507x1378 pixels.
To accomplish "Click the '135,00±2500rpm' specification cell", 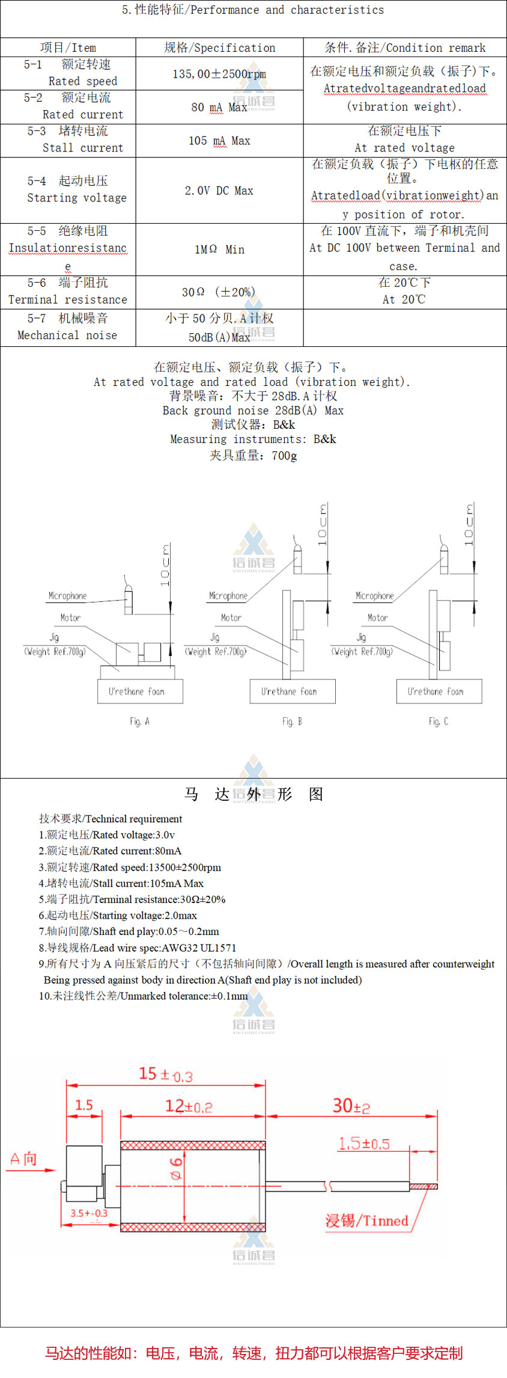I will [219, 74].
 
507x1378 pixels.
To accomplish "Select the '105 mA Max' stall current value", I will [219, 141].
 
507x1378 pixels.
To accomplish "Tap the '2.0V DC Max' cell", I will [219, 191].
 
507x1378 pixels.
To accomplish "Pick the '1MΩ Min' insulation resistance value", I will [219, 250].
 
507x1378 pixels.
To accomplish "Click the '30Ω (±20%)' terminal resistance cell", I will [219, 292].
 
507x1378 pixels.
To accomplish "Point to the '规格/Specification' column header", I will [219, 47].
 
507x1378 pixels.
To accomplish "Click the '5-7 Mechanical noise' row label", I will [67, 327].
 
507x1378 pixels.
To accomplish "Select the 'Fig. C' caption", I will [438, 721].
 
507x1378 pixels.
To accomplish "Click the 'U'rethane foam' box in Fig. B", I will [293, 691].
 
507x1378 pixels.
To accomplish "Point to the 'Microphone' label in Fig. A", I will [67, 596].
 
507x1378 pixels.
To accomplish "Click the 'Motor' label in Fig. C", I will [377, 617].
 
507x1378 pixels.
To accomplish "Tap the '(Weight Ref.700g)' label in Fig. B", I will [216, 651].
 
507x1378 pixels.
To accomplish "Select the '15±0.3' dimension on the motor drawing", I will [166, 1074].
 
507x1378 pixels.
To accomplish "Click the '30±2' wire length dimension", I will [351, 1106].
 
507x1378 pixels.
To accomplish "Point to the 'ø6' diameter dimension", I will [175, 1169].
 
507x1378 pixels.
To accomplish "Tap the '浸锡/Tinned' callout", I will [366, 1220].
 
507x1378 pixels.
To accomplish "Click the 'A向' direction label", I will [23, 1159].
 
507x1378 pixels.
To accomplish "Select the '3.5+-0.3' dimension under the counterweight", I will [89, 1213].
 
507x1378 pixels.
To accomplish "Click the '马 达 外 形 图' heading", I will [253, 794].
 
